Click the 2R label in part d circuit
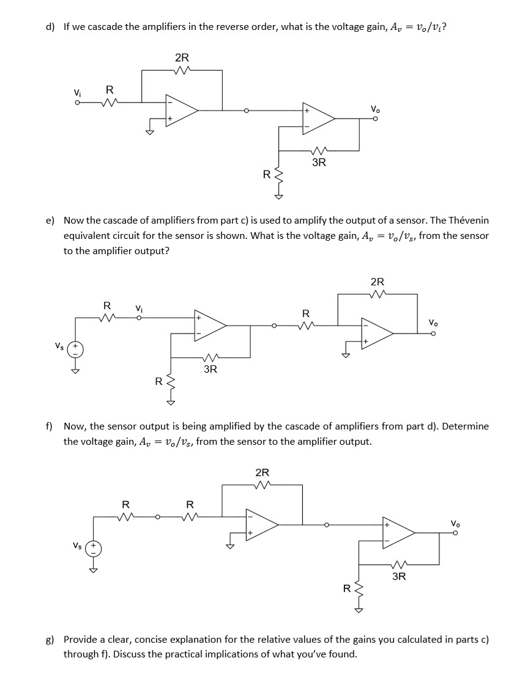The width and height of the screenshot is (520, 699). [182, 58]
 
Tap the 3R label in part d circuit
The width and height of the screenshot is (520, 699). [319, 163]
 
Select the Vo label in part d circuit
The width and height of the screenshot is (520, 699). [374, 109]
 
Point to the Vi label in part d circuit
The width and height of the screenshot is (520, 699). [77, 92]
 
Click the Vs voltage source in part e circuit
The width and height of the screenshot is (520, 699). [76, 349]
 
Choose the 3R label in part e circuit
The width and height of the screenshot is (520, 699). [210, 369]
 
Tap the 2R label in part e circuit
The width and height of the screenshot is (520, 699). [377, 282]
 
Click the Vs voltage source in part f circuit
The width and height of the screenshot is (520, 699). [94, 549]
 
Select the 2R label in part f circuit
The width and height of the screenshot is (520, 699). [262, 472]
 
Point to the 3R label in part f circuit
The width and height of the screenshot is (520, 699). [399, 576]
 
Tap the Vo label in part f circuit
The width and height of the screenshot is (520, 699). [455, 522]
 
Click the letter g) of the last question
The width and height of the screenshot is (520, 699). [50, 640]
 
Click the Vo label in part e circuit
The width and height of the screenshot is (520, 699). [433, 322]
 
